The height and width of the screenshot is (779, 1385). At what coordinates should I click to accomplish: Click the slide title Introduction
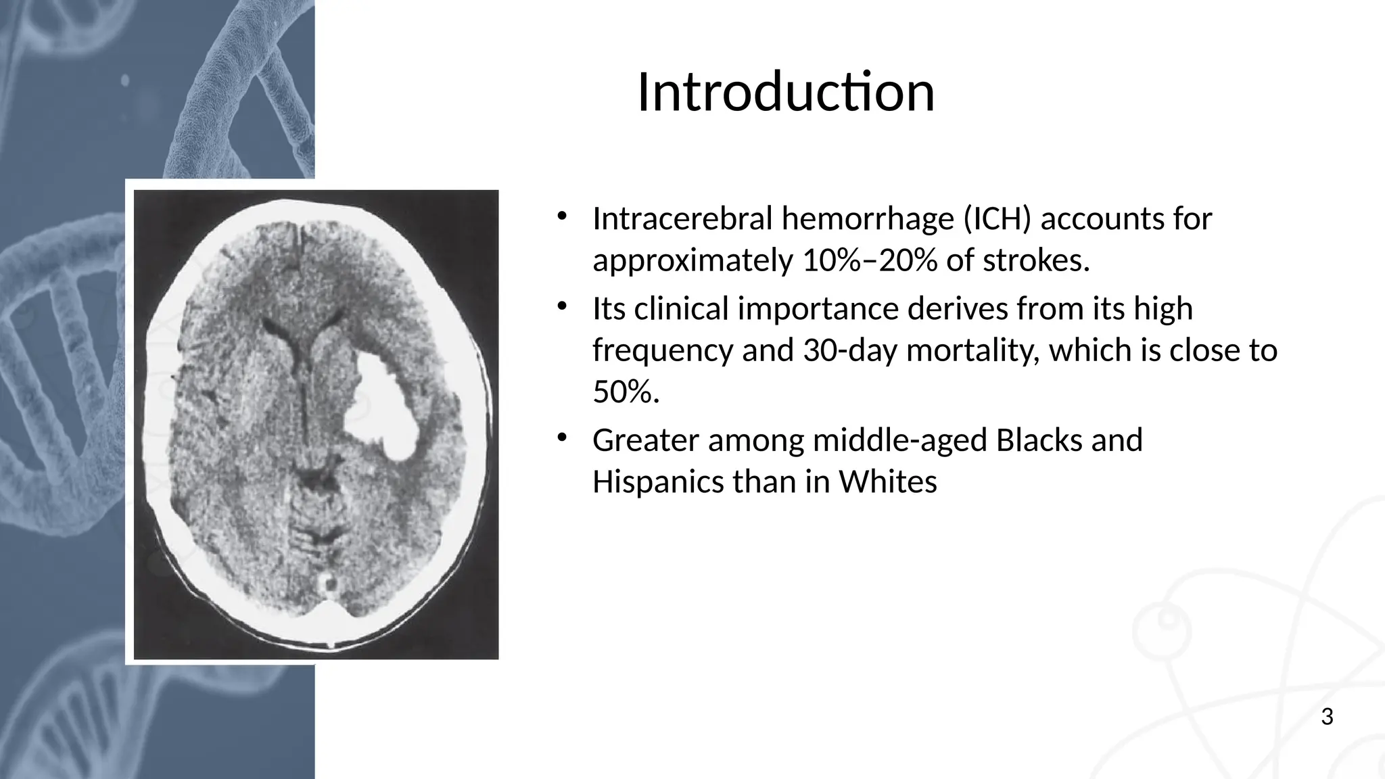coord(786,92)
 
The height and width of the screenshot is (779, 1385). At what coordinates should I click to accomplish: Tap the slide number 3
coord(1327,717)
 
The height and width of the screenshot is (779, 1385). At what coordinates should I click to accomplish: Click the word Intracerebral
coord(682,218)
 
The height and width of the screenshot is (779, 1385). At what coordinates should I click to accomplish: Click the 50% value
coord(625,392)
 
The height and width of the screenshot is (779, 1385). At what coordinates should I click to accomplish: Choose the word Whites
coord(888,482)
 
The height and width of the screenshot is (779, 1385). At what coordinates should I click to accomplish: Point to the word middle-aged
coord(899,440)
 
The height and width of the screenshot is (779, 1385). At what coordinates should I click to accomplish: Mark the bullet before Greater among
coord(561,438)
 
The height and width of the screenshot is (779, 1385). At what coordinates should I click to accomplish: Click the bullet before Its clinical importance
coord(561,307)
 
